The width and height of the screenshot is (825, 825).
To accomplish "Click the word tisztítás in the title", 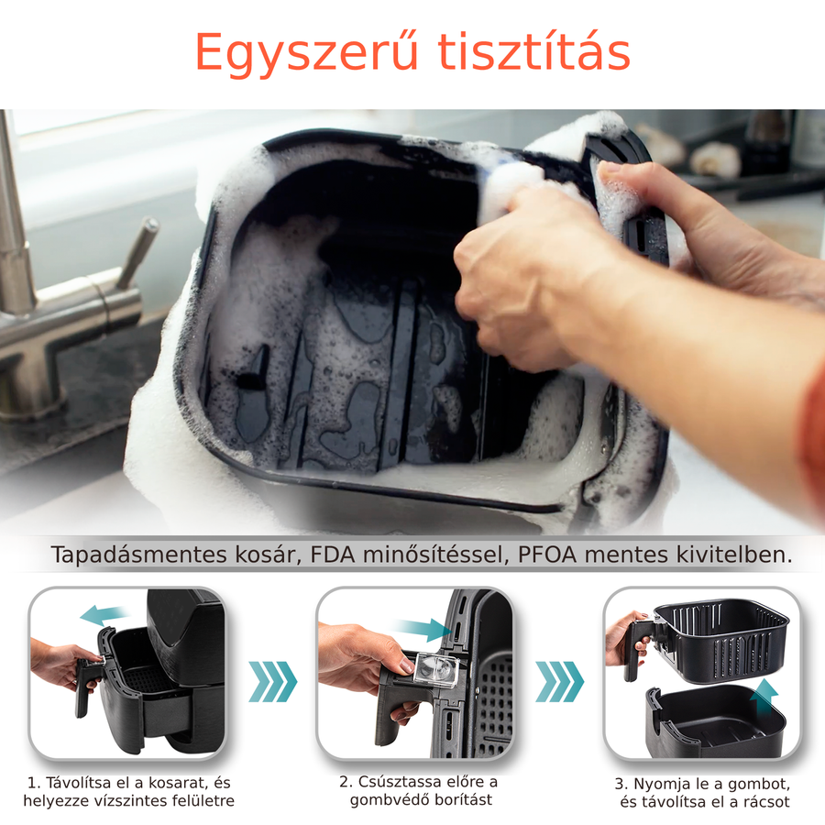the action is [534, 51].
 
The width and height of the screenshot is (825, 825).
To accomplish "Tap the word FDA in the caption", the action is [333, 555].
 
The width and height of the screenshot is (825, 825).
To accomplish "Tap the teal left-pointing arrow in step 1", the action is [104, 614].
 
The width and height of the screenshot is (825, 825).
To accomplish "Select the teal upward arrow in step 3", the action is [764, 698].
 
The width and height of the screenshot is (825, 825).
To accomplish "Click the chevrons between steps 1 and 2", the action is [272, 681].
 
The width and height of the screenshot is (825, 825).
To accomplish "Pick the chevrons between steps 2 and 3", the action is [559, 681].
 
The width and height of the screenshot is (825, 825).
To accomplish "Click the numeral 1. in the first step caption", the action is [34, 783].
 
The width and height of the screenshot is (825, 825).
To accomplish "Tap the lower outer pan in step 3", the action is [716, 722].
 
